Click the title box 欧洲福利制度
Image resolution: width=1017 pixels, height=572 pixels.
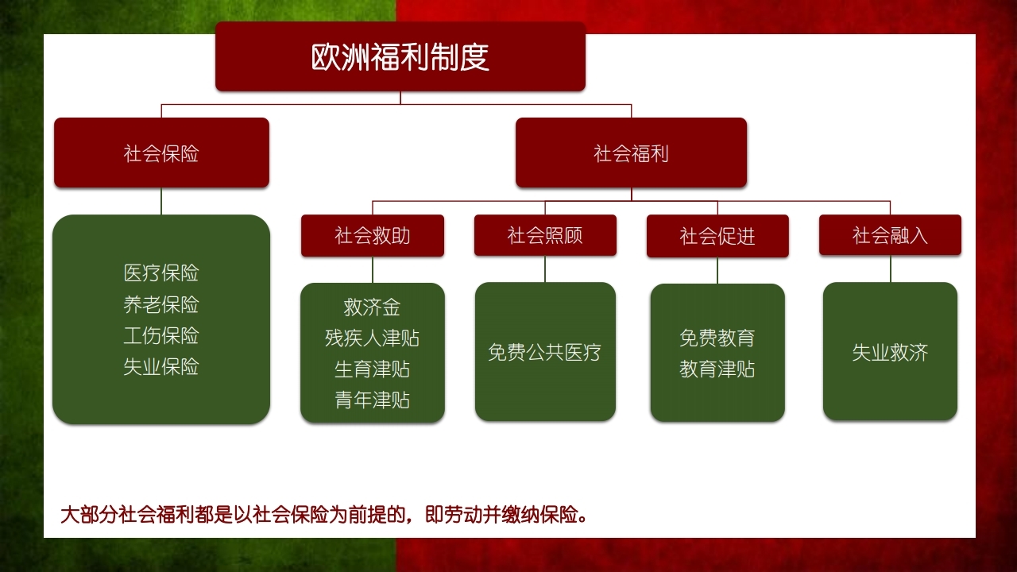400,56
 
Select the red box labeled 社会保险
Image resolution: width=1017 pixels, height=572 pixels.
161,153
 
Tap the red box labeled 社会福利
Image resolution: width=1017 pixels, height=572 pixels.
631,153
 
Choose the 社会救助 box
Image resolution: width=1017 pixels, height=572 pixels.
373,236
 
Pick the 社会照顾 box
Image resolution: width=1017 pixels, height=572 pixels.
545,236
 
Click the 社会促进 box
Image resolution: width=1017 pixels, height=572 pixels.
717,236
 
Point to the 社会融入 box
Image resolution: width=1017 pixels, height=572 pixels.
890,235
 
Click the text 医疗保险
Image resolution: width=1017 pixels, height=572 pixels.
161,273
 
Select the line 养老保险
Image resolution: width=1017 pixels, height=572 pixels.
161,304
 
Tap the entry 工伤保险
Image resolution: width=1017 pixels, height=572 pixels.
161,336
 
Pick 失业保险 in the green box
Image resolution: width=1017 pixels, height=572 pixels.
161,367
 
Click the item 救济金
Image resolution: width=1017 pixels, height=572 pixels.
373,307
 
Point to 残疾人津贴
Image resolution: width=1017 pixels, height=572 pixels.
373,338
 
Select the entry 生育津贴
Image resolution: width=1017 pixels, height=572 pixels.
373,369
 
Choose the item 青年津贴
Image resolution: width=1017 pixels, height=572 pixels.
373,400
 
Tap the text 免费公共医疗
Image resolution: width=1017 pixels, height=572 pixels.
545,352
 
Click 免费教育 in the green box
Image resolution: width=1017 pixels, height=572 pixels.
717,338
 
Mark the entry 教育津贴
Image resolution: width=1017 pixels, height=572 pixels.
717,369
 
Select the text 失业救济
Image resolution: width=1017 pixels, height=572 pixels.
890,353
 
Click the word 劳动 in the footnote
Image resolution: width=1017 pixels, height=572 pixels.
463,515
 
